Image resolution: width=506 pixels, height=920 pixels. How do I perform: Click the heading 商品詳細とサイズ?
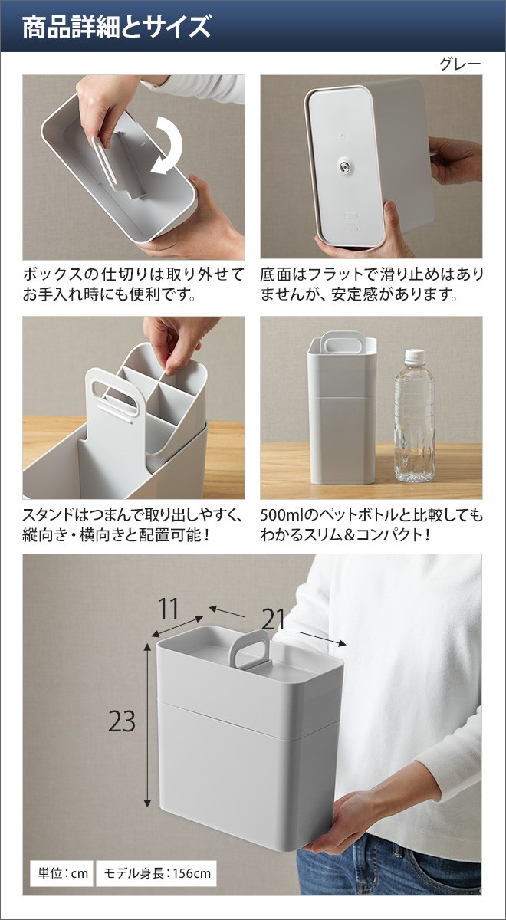point(117,27)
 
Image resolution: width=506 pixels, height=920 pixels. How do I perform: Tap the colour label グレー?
point(459,64)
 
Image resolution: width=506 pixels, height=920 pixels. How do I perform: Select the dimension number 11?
point(169,609)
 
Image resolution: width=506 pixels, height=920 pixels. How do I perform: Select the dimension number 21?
point(273,619)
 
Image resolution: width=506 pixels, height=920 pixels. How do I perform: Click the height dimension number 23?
point(122,721)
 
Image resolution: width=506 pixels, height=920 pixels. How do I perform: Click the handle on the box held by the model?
point(248,651)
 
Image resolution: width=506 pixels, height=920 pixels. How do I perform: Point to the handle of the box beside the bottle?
point(340,342)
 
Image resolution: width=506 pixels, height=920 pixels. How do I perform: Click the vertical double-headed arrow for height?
point(147,725)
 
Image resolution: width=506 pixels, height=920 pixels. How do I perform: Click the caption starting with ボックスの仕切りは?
point(133,284)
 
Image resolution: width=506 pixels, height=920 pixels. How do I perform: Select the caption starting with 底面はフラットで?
point(371,284)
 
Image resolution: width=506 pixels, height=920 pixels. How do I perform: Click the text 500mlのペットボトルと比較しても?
point(371,514)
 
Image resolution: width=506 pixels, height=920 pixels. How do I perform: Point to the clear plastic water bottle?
point(414,416)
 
